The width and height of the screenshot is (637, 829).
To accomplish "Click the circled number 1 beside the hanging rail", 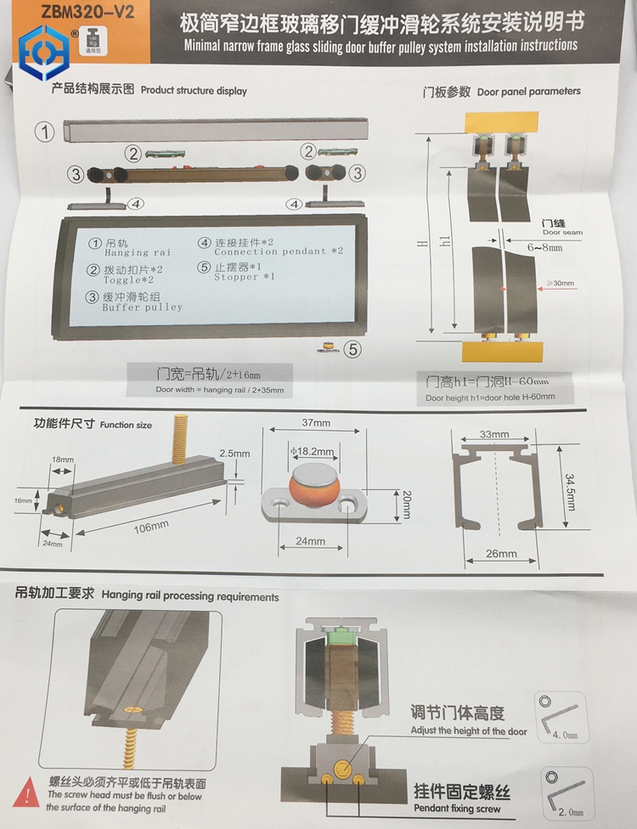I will pyautogui.click(x=45, y=133).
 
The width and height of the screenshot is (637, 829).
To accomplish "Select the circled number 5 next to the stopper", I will pyautogui.click(x=352, y=347).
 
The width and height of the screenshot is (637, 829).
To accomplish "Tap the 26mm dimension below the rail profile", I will pyautogui.click(x=500, y=553).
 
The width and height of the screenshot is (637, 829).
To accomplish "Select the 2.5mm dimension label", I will pyautogui.click(x=234, y=454).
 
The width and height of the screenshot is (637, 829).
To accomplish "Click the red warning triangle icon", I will pyautogui.click(x=30, y=794).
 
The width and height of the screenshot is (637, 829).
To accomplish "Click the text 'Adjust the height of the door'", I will pyautogui.click(x=468, y=730).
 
